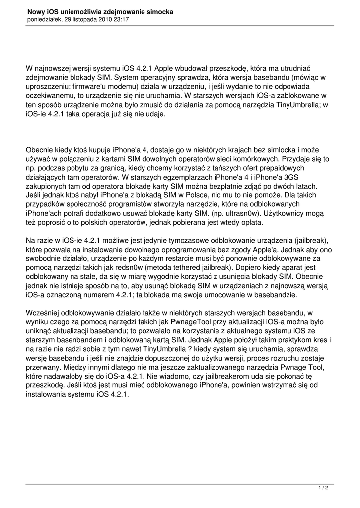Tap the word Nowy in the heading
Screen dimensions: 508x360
(x=37, y=11)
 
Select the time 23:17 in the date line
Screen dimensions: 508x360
(x=121, y=19)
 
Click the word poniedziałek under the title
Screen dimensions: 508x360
(x=44, y=19)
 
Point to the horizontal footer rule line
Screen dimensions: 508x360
(x=180, y=483)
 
